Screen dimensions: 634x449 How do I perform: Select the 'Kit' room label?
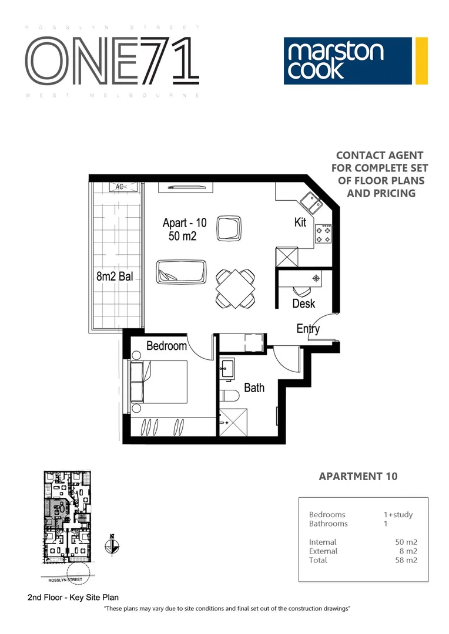[x=300, y=222]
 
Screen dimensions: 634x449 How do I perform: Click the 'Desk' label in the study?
[x=303, y=303]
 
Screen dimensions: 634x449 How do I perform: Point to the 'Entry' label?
[x=308, y=329]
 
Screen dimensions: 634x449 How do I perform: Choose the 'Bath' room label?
[x=254, y=387]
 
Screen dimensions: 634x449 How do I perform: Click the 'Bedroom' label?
[x=166, y=346]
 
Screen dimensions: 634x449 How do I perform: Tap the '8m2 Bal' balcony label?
[x=115, y=276]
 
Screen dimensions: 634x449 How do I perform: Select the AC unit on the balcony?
[x=120, y=187]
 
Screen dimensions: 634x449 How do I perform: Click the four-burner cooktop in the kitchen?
[x=323, y=234]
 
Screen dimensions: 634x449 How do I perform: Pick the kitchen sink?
[x=310, y=203]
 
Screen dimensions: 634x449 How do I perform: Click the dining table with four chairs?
[x=236, y=288]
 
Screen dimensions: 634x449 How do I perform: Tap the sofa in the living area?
[x=181, y=274]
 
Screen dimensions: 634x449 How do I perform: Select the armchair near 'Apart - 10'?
[x=229, y=228]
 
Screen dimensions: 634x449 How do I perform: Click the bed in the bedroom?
[x=159, y=382]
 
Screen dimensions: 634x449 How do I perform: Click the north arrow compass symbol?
[x=112, y=546]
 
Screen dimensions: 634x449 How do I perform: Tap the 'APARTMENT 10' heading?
[x=357, y=476]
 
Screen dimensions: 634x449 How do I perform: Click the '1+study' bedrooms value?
[x=398, y=515]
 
